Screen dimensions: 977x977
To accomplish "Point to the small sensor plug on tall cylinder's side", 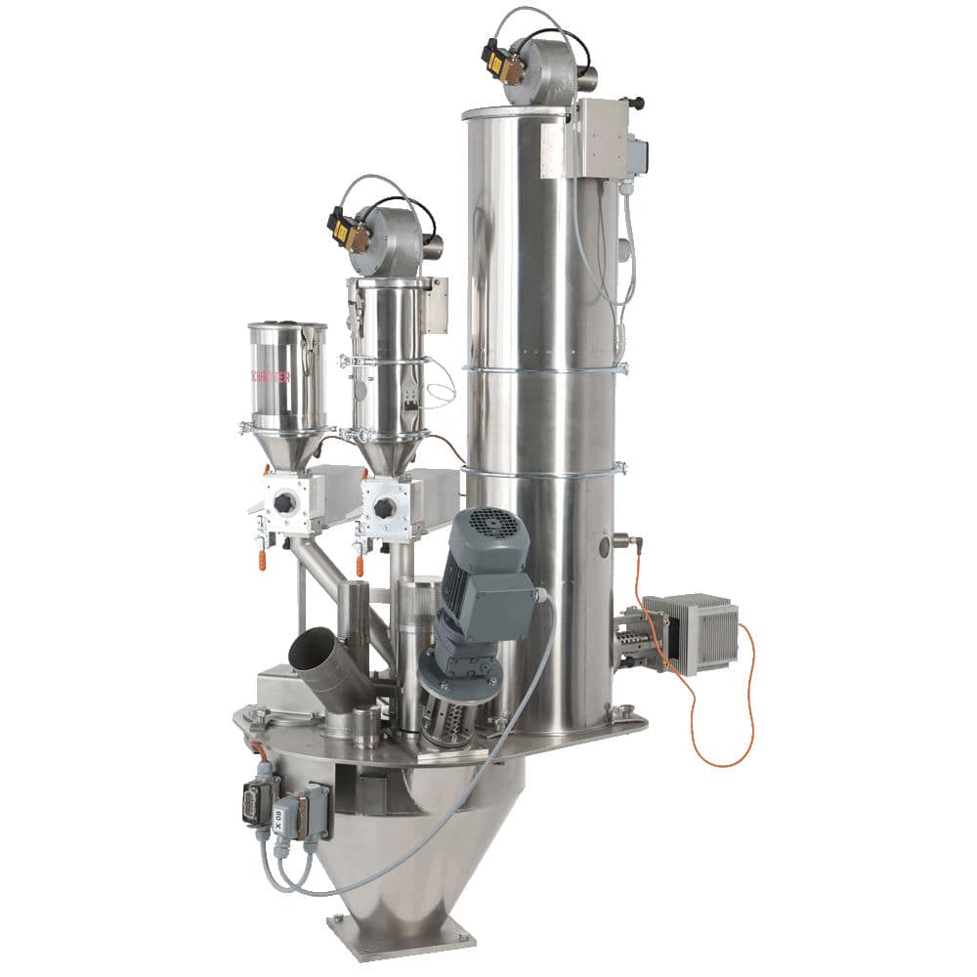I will [x=623, y=540].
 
